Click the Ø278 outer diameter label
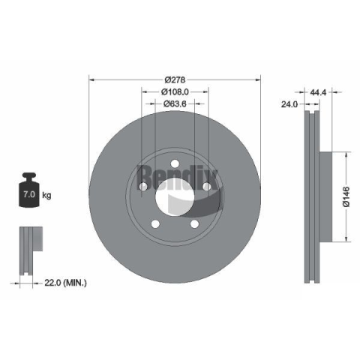point(175,79)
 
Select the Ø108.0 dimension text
point(175,92)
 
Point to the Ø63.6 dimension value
point(175,103)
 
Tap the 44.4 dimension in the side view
point(318,92)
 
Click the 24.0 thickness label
point(289,104)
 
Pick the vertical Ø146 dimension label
point(346,196)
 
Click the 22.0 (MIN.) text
point(65,283)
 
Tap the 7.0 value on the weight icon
point(29,194)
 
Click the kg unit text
point(46,195)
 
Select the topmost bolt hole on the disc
point(175,163)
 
